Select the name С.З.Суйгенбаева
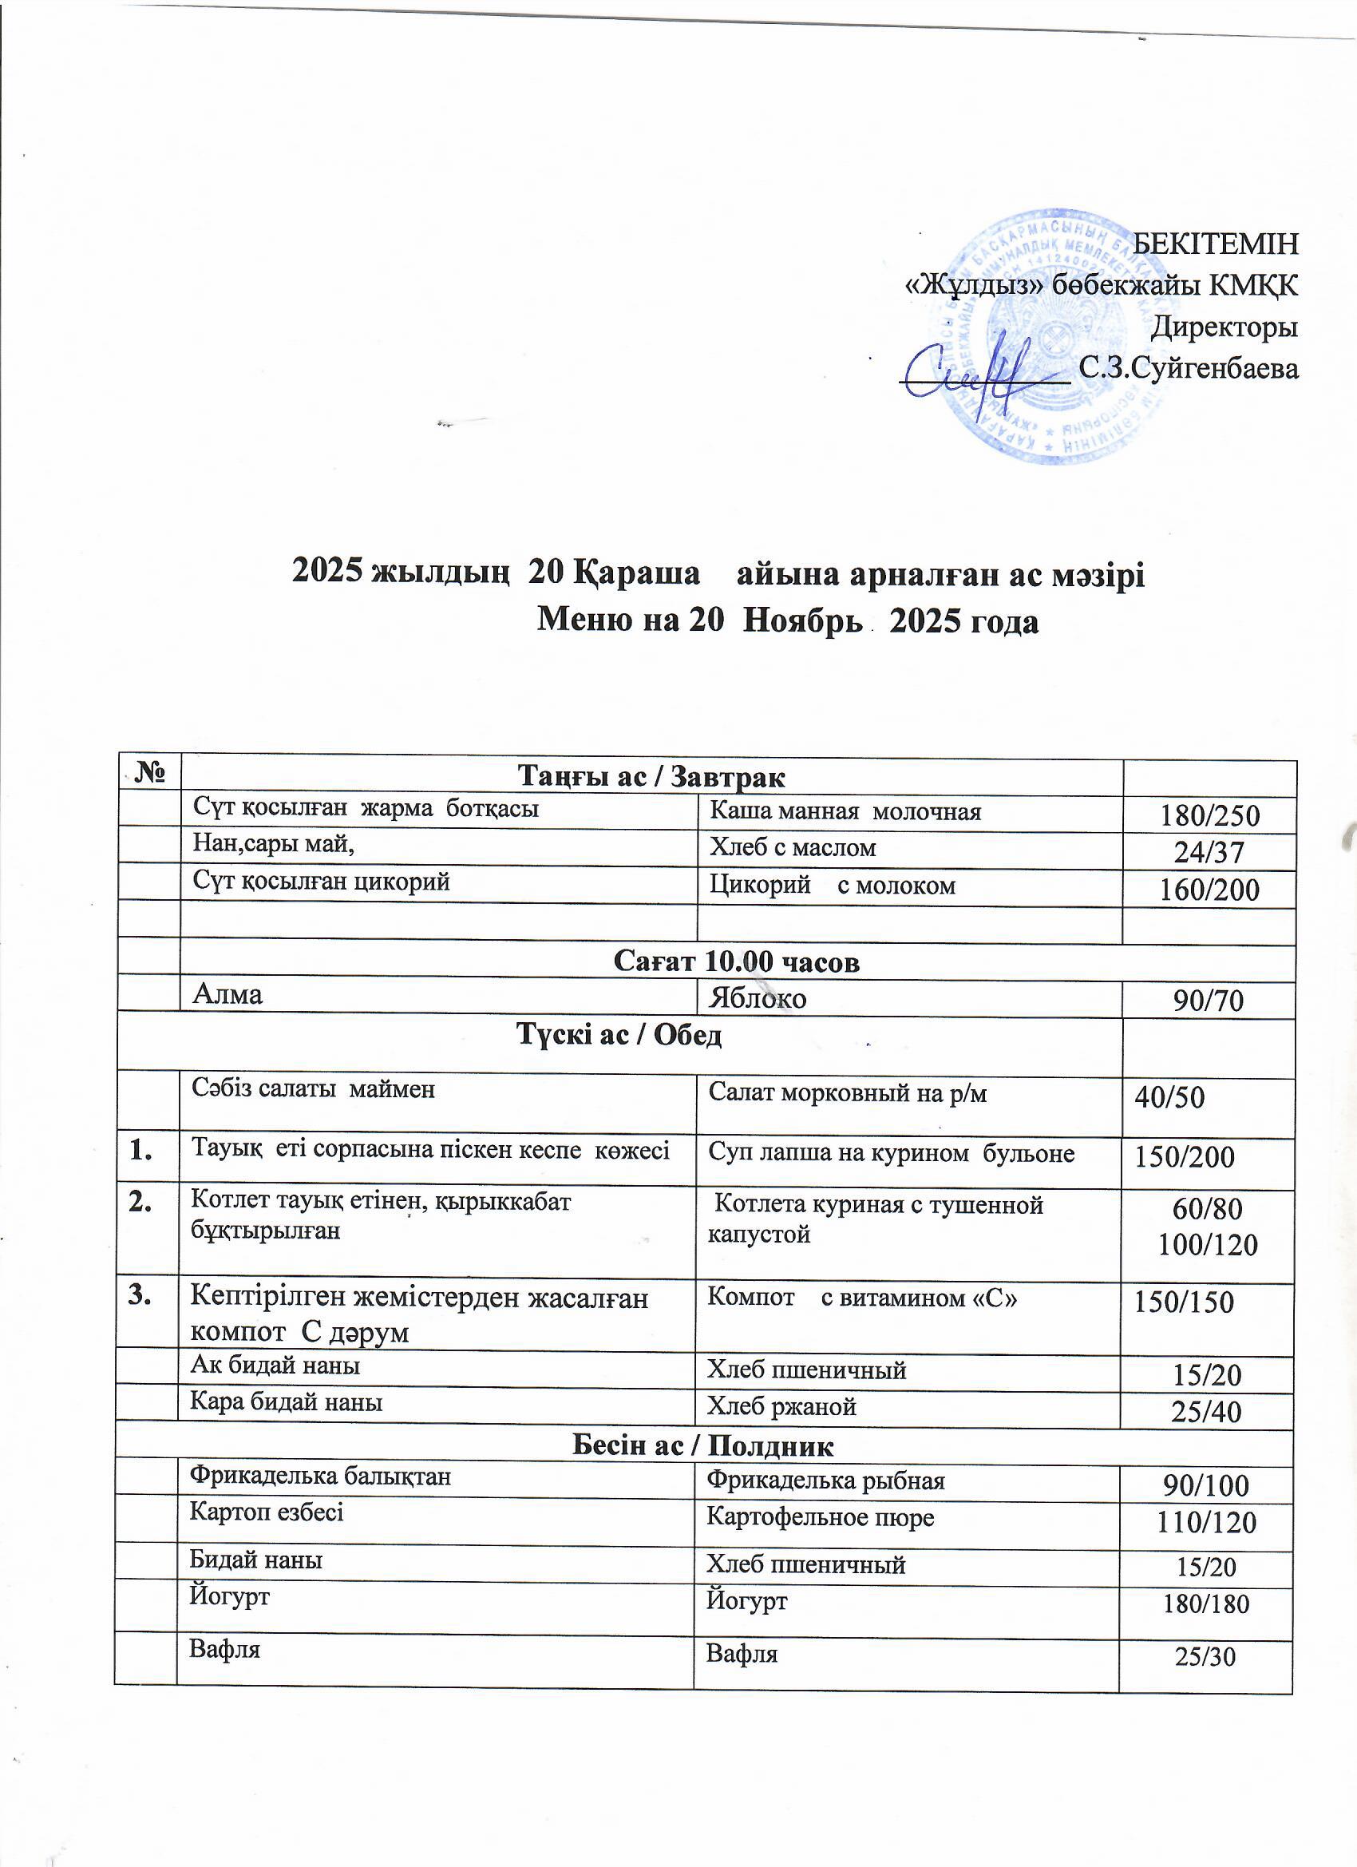(1189, 368)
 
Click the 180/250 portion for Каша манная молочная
(1209, 815)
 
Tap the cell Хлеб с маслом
(793, 847)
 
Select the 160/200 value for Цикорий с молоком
(1209, 889)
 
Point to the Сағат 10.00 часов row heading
(737, 961)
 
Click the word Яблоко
(757, 998)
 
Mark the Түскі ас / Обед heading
(619, 1035)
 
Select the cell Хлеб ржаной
(781, 1406)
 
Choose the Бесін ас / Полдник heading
(702, 1445)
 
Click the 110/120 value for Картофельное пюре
(1206, 1522)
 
